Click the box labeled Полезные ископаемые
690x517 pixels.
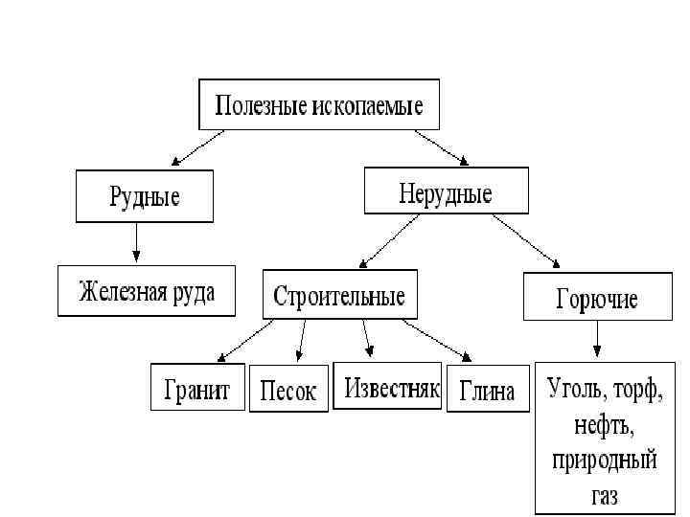[x=318, y=104]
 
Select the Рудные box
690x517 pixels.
[x=144, y=197]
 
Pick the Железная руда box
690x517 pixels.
[x=146, y=290]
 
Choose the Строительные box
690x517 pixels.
[x=339, y=295]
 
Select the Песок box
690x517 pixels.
[x=288, y=391]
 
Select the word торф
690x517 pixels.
[x=637, y=390]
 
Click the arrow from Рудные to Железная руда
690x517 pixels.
[x=137, y=243]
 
